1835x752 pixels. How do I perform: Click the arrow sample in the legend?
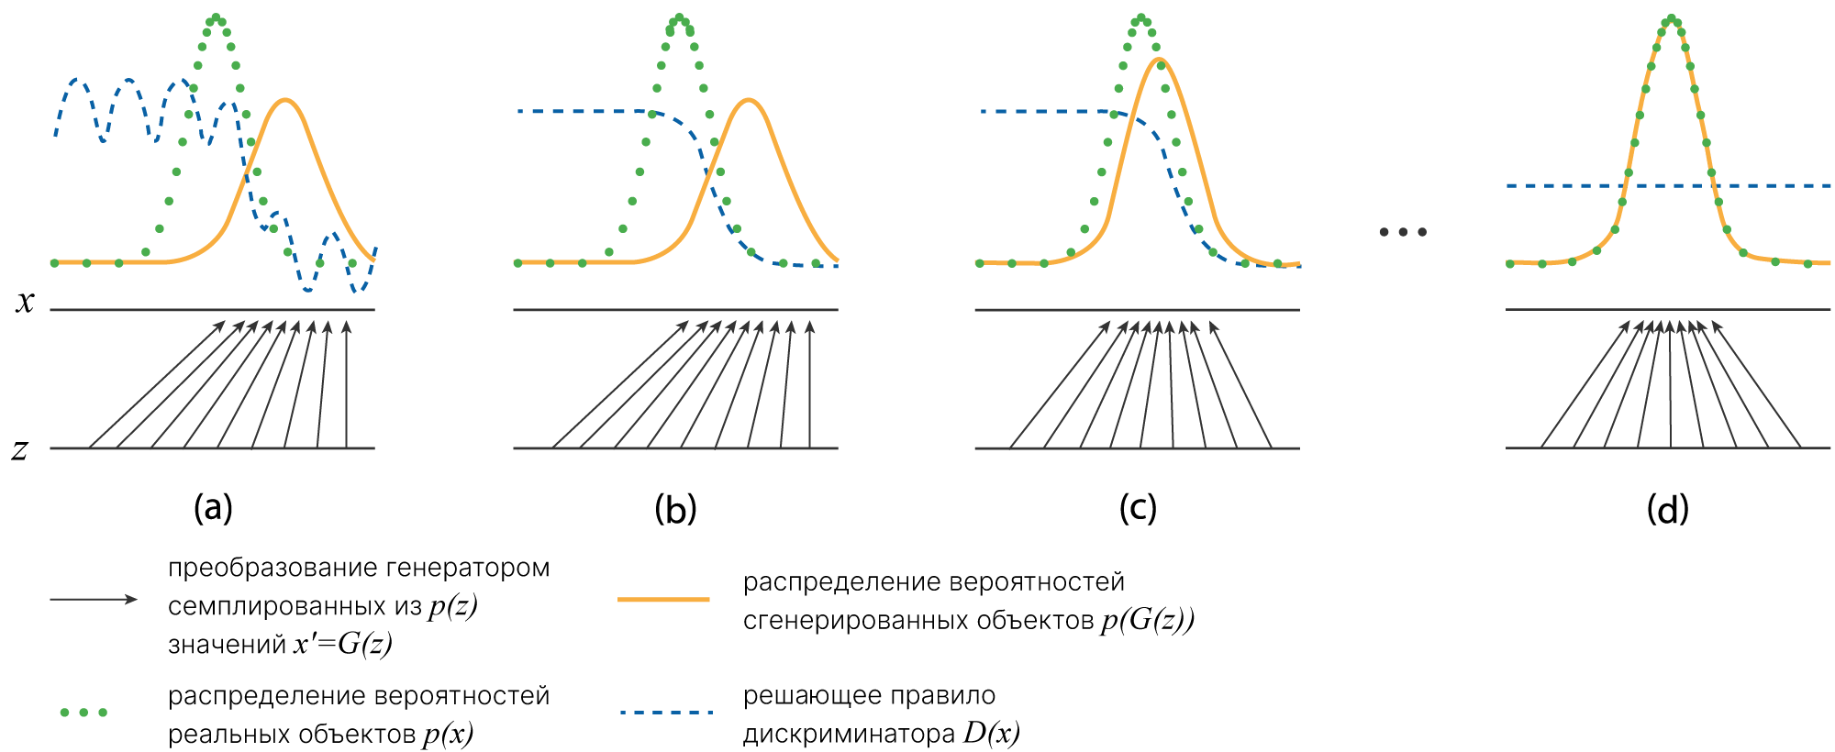click(93, 600)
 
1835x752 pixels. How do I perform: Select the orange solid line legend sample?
click(663, 600)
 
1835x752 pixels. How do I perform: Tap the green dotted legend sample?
click(83, 713)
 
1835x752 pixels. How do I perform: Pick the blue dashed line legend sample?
click(666, 713)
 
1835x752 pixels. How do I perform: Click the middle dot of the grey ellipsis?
click(1403, 232)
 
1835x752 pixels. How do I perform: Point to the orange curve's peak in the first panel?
click(287, 100)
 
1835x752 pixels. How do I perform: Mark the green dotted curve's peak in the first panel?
click(216, 17)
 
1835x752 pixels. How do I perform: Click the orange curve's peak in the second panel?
click(750, 100)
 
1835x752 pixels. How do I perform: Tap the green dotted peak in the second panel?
click(679, 17)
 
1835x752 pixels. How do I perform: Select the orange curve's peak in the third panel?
click(1161, 60)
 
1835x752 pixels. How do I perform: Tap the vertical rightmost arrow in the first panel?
click(346, 385)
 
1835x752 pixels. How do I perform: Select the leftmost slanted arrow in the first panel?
click(156, 385)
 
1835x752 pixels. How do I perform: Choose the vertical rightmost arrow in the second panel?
click(809, 385)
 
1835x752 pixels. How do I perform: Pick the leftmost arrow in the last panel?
click(1585, 385)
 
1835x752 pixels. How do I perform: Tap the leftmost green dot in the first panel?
click(54, 263)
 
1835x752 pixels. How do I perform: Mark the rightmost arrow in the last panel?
click(1756, 385)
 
